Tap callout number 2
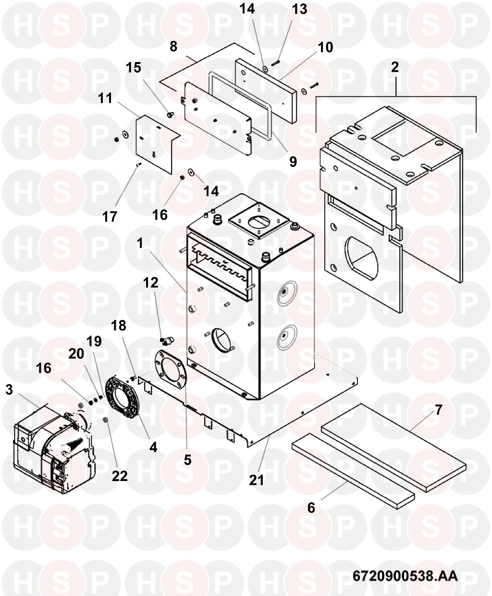[394, 67]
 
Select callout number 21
[256, 480]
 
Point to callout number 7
[438, 410]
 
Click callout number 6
[311, 508]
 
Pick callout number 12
[150, 283]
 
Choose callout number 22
[120, 476]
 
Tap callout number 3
[9, 390]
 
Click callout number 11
[105, 99]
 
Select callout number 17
[110, 216]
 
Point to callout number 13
[300, 9]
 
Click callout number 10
[325, 48]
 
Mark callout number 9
[293, 162]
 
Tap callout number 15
[134, 68]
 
